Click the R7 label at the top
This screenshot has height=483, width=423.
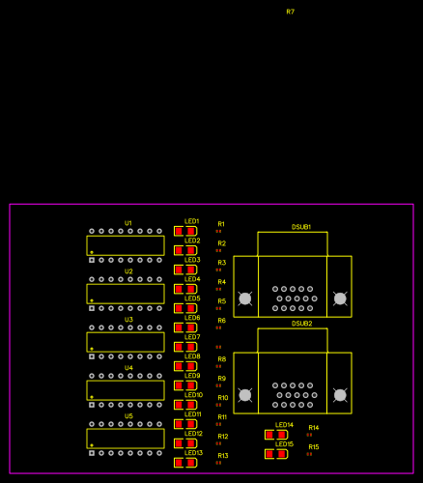pyautogui.click(x=290, y=12)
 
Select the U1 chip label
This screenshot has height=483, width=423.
pyautogui.click(x=128, y=223)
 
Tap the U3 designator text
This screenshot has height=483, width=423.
pyautogui.click(x=128, y=320)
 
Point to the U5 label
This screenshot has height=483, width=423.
pyautogui.click(x=128, y=416)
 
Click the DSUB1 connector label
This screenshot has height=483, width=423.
pyautogui.click(x=301, y=226)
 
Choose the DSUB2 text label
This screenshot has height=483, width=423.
pyautogui.click(x=301, y=323)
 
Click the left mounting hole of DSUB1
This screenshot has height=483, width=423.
pyautogui.click(x=245, y=298)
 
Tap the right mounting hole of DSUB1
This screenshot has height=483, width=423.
pyautogui.click(x=340, y=298)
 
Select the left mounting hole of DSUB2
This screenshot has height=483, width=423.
pyautogui.click(x=245, y=395)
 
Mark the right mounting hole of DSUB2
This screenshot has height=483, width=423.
pyautogui.click(x=340, y=395)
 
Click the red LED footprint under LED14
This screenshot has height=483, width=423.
pyautogui.click(x=276, y=435)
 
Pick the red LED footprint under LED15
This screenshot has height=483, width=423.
pyautogui.click(x=276, y=454)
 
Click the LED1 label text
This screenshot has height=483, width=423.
pyautogui.click(x=192, y=221)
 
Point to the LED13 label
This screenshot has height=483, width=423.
pyautogui.click(x=193, y=452)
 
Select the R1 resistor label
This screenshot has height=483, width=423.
pyautogui.click(x=221, y=224)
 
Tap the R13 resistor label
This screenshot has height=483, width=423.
pyautogui.click(x=223, y=455)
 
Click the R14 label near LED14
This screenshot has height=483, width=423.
pyautogui.click(x=313, y=427)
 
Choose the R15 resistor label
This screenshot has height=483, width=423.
pyautogui.click(x=313, y=446)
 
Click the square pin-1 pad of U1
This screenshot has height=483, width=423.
pyautogui.click(x=92, y=260)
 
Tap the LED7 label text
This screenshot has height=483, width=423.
pyautogui.click(x=192, y=337)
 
